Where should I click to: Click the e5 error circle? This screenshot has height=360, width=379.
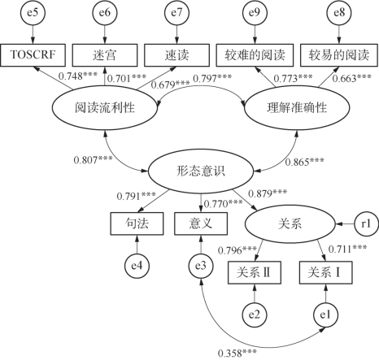(33, 12)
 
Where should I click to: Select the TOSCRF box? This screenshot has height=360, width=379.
(33, 55)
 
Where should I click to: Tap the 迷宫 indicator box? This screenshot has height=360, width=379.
(105, 55)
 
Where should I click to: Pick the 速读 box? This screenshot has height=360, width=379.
(176, 55)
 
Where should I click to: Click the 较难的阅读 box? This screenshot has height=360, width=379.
(255, 55)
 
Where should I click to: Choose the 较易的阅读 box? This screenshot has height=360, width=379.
(339, 55)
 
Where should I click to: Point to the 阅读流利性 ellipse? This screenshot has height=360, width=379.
(105, 108)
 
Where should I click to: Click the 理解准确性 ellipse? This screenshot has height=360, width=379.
(297, 108)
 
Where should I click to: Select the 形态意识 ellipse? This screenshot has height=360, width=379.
(201, 171)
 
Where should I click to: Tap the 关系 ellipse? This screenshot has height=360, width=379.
(290, 224)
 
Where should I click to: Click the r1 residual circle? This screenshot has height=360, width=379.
(366, 224)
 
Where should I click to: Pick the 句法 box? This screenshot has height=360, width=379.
(137, 223)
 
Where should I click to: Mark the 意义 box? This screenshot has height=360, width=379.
(201, 223)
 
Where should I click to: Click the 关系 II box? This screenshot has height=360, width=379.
(255, 272)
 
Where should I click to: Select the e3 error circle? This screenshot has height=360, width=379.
(201, 266)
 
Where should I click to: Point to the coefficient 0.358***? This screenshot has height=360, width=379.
(237, 353)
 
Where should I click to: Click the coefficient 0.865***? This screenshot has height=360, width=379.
(304, 162)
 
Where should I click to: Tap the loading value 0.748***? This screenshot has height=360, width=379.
(78, 76)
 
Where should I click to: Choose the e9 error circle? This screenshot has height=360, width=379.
(255, 12)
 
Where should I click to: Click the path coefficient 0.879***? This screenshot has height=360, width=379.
(268, 193)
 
